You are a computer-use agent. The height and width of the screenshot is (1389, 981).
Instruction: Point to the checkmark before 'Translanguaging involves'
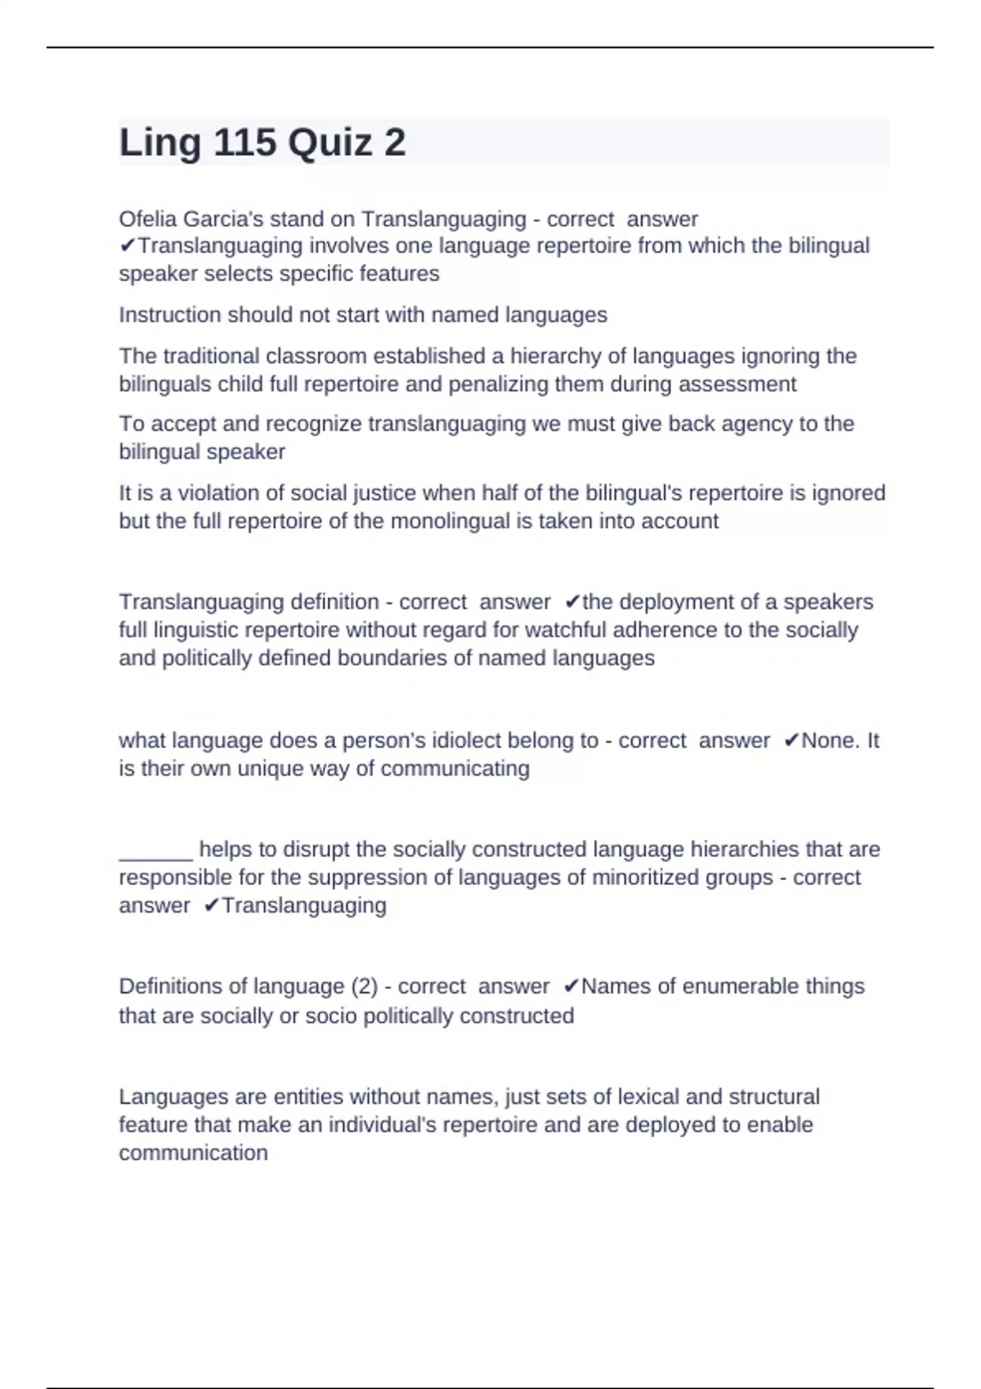click(128, 246)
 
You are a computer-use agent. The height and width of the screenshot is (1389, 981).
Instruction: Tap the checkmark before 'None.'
click(791, 740)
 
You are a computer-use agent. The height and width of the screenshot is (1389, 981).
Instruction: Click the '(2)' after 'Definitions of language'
click(364, 986)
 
